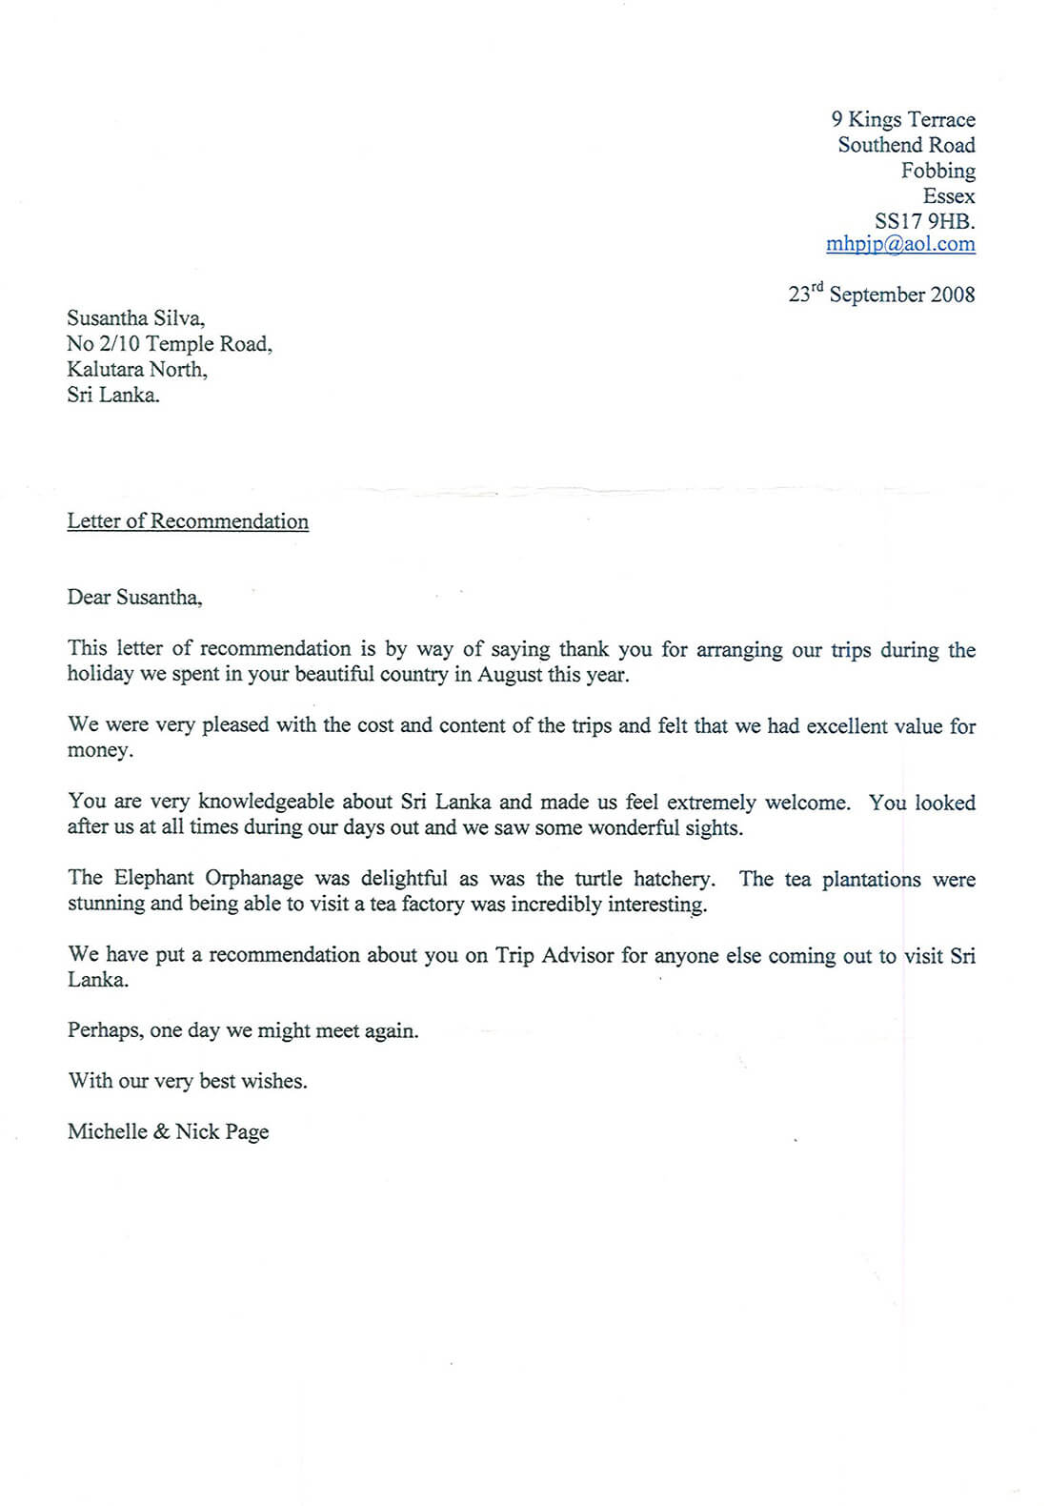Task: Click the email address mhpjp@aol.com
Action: [x=900, y=244]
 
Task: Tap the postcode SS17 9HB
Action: [x=924, y=221]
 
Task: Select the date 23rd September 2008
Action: [x=881, y=295]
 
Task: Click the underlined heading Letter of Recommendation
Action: [x=188, y=521]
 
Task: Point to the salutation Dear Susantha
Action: [x=134, y=598]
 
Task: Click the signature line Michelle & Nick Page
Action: [x=168, y=1131]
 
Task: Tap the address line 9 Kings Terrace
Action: [x=903, y=119]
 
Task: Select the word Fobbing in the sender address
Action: [x=938, y=171]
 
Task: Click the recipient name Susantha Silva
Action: [x=135, y=318]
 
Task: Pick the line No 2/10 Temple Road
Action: [x=169, y=344]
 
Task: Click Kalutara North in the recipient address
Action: [x=136, y=369]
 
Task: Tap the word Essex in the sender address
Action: [x=949, y=196]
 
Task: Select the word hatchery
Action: [x=671, y=879]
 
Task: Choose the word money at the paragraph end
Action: [x=99, y=751]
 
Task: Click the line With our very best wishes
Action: [x=187, y=1081]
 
